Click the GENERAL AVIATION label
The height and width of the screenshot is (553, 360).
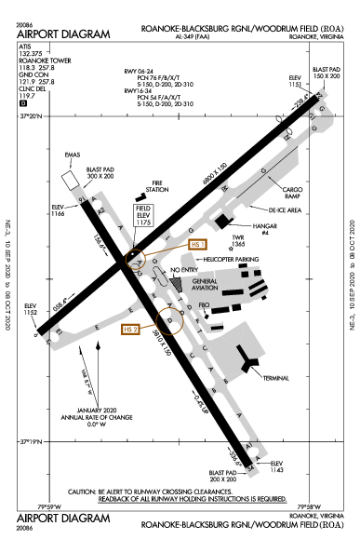coord(205,284)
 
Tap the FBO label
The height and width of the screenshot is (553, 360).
coord(204,304)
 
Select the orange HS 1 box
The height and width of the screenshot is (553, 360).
coord(197,244)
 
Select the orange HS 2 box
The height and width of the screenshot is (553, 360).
coord(130,329)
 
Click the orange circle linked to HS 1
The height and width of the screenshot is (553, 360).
coord(137,258)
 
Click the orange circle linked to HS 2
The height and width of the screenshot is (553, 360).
coord(169,321)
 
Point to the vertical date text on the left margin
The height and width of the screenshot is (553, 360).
coord(8,275)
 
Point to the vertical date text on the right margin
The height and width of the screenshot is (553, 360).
coord(353,275)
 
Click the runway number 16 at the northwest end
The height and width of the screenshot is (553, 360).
coord(81,198)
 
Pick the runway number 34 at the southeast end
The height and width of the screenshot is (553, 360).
coord(252,468)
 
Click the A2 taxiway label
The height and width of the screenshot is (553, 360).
coord(100,212)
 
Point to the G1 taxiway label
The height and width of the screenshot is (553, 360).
coord(287,137)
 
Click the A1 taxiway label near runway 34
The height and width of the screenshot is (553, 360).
coord(247,447)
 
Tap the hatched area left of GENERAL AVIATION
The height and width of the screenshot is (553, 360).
coord(176,282)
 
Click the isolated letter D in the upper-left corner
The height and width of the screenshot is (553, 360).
coord(23,103)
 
